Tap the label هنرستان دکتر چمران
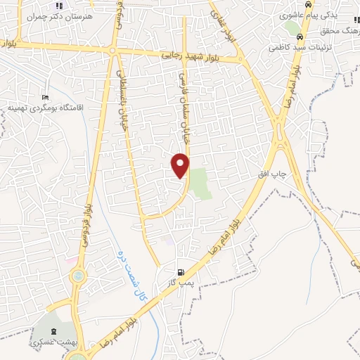click(47, 15)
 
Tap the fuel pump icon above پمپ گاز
click(181, 271)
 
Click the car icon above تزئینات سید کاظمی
click(300, 38)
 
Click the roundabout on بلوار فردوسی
click(77, 276)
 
